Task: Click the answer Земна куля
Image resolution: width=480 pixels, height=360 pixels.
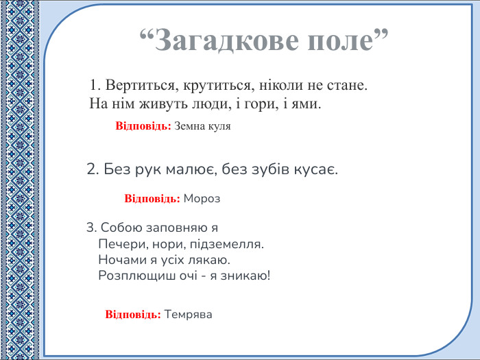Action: pyautogui.click(x=202, y=127)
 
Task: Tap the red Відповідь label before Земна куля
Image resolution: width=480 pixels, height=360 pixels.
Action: pyautogui.click(x=143, y=127)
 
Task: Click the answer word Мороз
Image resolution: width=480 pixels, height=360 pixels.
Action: pyautogui.click(x=202, y=199)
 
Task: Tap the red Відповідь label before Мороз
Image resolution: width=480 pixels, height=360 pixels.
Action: pyautogui.click(x=152, y=199)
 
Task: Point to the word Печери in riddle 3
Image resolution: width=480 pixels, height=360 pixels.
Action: pyautogui.click(x=119, y=244)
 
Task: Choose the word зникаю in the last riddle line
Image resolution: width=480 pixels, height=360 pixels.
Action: pyautogui.click(x=245, y=276)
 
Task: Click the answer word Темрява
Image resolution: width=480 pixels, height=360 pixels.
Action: pyautogui.click(x=189, y=315)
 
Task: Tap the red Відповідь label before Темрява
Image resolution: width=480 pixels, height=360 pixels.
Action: pyautogui.click(x=133, y=315)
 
